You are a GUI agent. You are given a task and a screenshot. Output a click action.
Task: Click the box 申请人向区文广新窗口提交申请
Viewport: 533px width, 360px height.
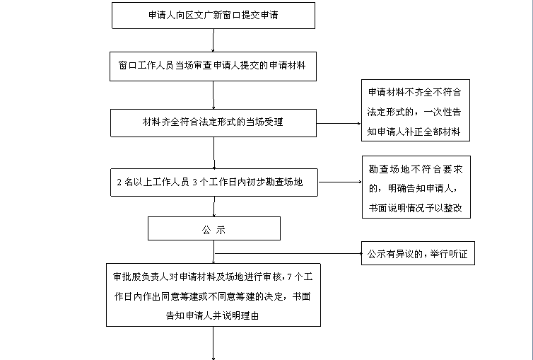click(x=213, y=15)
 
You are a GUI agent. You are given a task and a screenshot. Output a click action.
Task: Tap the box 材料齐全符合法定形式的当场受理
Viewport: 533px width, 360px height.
click(x=213, y=122)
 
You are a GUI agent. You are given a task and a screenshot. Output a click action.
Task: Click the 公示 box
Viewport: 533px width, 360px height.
click(x=213, y=228)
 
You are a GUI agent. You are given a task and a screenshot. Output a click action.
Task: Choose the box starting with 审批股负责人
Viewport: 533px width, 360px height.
click(x=213, y=296)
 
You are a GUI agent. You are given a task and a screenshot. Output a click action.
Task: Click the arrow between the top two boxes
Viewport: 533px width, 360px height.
click(x=213, y=40)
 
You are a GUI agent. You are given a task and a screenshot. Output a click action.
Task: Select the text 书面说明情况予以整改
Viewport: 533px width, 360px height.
click(x=415, y=209)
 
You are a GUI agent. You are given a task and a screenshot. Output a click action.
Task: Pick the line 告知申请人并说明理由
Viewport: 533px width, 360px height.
click(x=213, y=316)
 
